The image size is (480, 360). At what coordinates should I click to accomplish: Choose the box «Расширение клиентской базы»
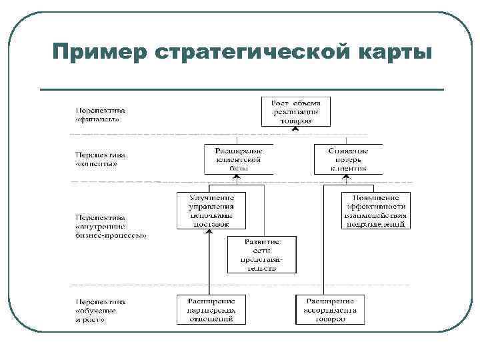pyautogui.click(x=239, y=159)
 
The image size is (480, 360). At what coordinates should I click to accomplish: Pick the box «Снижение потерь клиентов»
pyautogui.click(x=348, y=159)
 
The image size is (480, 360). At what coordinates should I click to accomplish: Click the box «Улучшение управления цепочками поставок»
pyautogui.click(x=210, y=211)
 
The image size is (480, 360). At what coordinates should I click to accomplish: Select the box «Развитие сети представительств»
pyautogui.click(x=261, y=255)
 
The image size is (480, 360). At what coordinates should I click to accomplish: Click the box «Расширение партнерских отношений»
pyautogui.click(x=210, y=309)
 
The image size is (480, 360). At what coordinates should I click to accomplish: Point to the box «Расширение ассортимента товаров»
pyautogui.click(x=330, y=309)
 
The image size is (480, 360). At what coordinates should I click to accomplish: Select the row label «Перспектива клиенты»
pyautogui.click(x=100, y=159)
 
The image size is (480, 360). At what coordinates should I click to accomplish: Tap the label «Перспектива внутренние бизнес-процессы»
pyautogui.click(x=111, y=226)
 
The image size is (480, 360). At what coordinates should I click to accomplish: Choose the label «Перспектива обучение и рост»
pyautogui.click(x=100, y=311)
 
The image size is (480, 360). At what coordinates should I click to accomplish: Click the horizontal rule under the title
pyautogui.click(x=241, y=89)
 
